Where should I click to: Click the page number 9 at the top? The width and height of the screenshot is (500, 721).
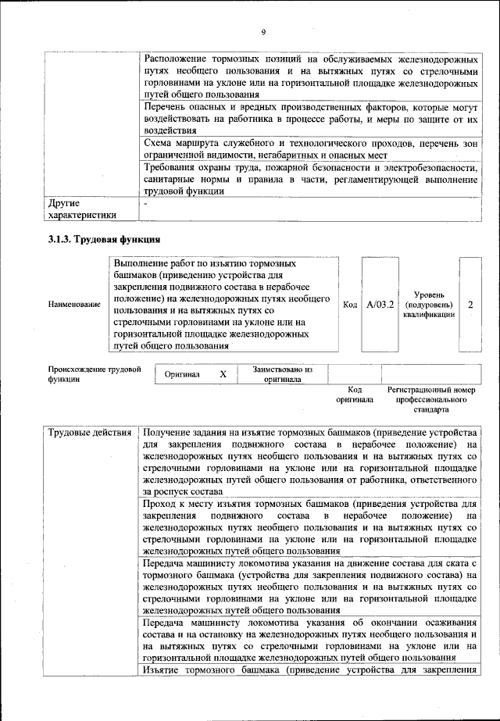coord(263,31)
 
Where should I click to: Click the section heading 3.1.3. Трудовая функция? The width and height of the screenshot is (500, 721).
coord(104,238)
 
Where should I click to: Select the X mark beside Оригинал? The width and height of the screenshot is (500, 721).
coord(223,374)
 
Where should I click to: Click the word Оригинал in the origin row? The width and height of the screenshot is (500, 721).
coord(181,374)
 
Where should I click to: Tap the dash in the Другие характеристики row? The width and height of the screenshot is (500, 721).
coord(147,203)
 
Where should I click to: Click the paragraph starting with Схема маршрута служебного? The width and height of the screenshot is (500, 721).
coord(311,149)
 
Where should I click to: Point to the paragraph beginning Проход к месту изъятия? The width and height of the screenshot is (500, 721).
coord(311,527)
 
